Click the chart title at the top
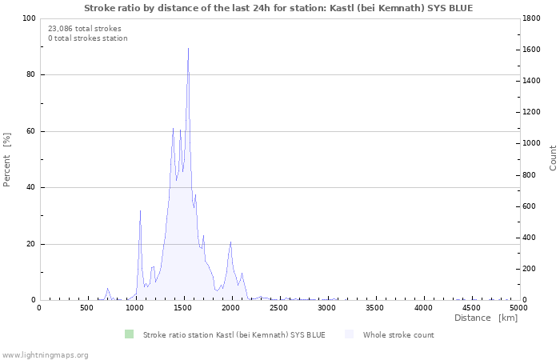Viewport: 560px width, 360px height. coord(278,7)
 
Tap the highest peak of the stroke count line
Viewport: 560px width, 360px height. coord(188,49)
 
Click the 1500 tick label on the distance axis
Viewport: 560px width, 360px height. coord(183,307)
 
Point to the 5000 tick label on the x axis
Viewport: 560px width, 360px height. coord(518,307)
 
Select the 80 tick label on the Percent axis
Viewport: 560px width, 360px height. coord(30,75)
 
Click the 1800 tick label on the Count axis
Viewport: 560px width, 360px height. coord(533,18)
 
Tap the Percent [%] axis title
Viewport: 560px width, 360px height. coord(7,159)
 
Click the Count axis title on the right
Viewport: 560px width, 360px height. coord(553,158)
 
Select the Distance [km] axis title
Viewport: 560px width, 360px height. coord(486,318)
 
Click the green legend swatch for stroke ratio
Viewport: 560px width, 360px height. coord(130,334)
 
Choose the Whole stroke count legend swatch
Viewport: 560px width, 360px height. coord(350,334)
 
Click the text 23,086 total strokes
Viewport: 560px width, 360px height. coord(85,29)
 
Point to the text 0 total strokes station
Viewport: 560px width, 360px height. coord(88,38)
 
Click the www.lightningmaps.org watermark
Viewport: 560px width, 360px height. coord(45,354)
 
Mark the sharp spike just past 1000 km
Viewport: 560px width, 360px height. coord(140,211)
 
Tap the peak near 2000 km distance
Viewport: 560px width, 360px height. coord(230,242)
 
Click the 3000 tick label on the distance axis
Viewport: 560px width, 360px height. coord(326,307)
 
